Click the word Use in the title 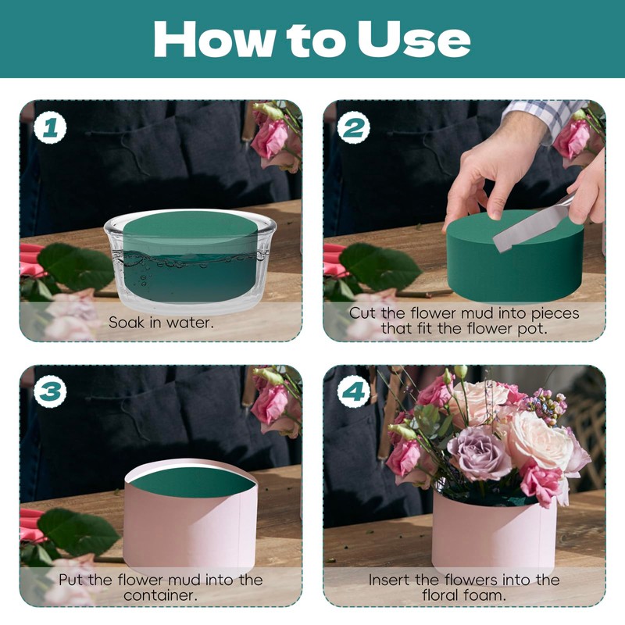(x=414, y=39)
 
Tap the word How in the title (x=215, y=39)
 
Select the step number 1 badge (x=50, y=128)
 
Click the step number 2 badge (x=354, y=128)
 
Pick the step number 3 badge (x=50, y=391)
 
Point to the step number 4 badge (x=354, y=391)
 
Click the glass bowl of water (x=191, y=261)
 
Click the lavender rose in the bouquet (x=478, y=453)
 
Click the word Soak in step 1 (x=127, y=322)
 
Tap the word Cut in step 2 (x=362, y=313)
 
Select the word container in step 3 (x=161, y=595)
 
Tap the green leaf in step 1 (x=76, y=265)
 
